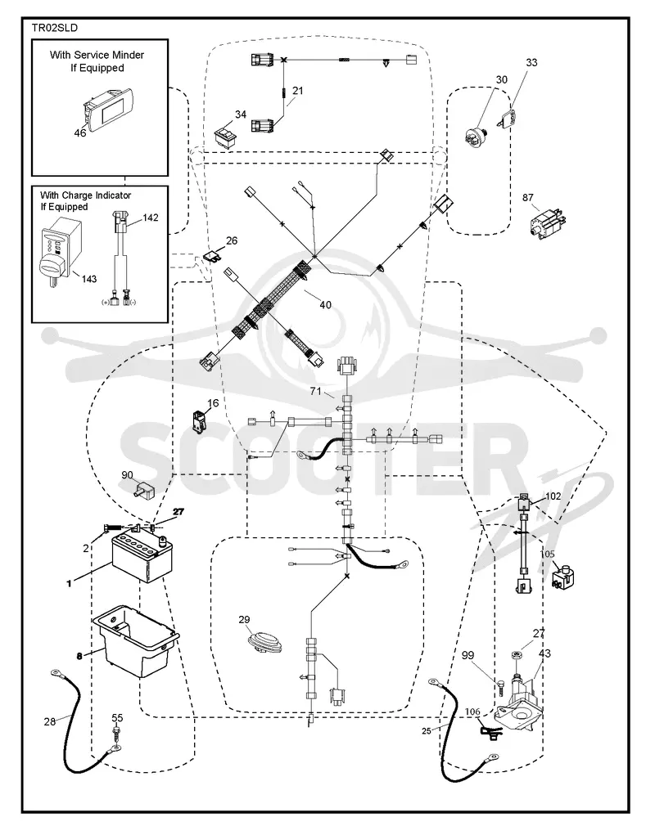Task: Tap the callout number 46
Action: click(80, 132)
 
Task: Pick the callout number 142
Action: click(151, 218)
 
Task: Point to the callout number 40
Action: click(325, 305)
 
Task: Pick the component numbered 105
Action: click(562, 577)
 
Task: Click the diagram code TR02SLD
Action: click(54, 28)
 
